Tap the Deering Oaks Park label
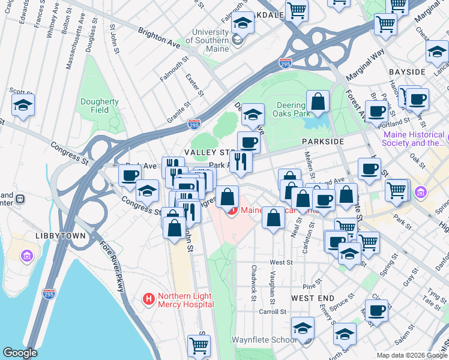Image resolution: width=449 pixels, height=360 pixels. (291, 109)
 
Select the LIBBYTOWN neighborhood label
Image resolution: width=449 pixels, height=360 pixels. (60, 236)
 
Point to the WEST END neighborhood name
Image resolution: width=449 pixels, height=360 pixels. (313, 298)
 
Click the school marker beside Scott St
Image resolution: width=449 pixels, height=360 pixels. (23, 106)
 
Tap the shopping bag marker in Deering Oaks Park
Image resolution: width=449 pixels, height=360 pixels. (318, 102)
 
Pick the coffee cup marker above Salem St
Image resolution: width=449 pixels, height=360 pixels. (377, 311)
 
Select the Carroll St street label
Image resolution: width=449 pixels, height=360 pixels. (273, 312)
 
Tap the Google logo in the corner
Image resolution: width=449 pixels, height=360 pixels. (20, 353)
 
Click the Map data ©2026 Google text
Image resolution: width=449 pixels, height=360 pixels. (411, 355)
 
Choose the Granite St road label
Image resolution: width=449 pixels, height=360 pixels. (179, 113)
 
